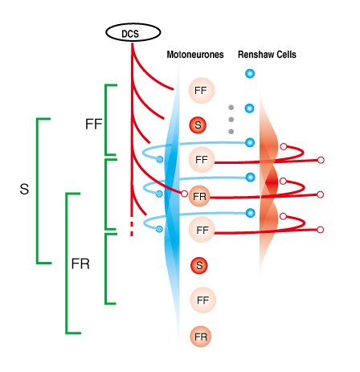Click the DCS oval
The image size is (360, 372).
(133, 32)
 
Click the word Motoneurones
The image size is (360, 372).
(195, 55)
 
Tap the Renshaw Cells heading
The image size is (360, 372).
(267, 55)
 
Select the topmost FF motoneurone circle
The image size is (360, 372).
(202, 91)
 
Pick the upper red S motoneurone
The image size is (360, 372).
(198, 125)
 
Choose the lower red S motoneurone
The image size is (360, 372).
(199, 265)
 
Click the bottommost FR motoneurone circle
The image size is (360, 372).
(201, 337)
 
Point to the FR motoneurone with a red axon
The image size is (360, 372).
(199, 196)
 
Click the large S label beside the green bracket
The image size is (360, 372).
(24, 189)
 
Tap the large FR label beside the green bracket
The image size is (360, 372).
(80, 264)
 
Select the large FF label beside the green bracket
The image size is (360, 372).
(94, 124)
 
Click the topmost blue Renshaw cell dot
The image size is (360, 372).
(250, 73)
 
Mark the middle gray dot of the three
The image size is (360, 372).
(231, 120)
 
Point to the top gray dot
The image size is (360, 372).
(231, 108)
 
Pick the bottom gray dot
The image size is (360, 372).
(231, 132)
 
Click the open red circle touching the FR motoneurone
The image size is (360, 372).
(184, 194)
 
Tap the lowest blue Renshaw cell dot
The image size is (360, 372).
(251, 213)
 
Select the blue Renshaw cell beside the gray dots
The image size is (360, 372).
(250, 108)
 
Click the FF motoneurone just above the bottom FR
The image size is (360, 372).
(202, 300)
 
